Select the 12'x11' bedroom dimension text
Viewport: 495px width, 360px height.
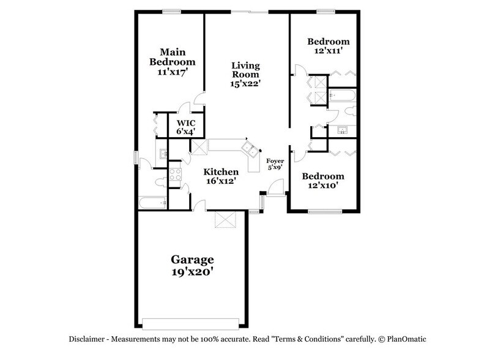tap(323, 52)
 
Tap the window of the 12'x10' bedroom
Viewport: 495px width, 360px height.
tap(324, 212)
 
